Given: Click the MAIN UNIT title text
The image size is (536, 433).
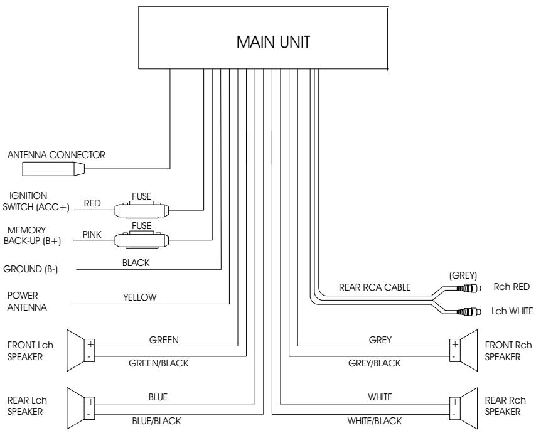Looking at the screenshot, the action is (x=273, y=42).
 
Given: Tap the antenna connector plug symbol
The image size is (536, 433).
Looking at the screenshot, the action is (x=53, y=169).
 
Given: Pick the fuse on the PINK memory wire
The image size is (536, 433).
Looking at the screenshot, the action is (x=141, y=240).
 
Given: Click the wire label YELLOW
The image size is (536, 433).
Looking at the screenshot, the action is (x=139, y=297).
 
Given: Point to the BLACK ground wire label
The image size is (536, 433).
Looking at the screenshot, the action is (x=136, y=262).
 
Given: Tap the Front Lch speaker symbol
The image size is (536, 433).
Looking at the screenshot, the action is (x=80, y=350).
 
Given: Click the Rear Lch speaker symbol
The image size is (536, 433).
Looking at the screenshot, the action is (x=80, y=408).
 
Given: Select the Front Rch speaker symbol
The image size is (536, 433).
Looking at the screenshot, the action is (x=463, y=350).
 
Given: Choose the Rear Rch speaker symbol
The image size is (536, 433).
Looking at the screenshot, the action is (x=463, y=408).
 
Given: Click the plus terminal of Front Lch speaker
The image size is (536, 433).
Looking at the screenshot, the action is (x=90, y=344).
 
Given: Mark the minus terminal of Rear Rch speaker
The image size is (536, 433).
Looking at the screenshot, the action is (x=454, y=414).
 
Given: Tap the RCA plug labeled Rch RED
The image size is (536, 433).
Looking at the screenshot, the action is (x=469, y=288).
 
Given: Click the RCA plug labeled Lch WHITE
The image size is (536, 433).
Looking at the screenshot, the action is (x=469, y=311).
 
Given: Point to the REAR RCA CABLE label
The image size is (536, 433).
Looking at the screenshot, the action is (x=375, y=287).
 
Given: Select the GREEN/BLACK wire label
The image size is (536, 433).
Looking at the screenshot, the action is (x=158, y=363).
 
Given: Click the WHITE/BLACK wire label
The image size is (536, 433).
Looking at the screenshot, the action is (x=374, y=420).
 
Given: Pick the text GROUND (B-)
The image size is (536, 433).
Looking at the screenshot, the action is (x=30, y=269).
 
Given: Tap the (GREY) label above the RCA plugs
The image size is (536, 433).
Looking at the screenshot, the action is (x=463, y=275).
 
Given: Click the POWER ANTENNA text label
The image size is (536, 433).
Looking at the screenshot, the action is (x=27, y=301).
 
